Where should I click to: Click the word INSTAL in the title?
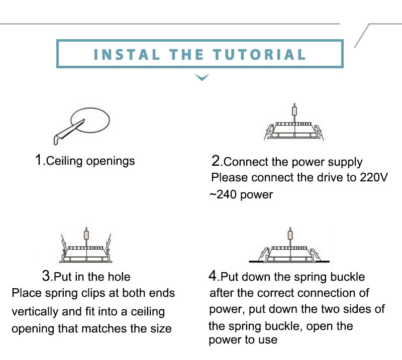point(127,55)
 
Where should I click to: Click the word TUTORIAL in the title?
point(259,55)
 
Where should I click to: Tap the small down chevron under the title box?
point(202,77)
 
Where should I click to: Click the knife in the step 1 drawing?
point(69,132)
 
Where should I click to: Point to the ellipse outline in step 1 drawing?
point(90,120)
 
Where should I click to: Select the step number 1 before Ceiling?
point(39,160)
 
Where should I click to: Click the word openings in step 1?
point(110,162)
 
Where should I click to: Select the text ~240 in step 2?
point(223,194)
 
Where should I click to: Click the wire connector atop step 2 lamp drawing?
point(294,111)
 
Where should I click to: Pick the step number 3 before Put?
point(46,276)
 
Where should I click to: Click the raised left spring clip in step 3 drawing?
point(63,243)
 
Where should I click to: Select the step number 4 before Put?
point(213,276)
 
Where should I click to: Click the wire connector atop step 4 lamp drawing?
point(290,234)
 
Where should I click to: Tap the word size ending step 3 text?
point(161,328)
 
